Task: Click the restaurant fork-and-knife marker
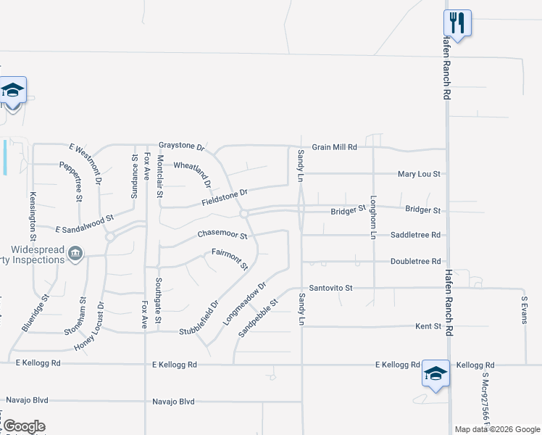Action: click(457, 22)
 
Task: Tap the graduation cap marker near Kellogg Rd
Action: click(435, 373)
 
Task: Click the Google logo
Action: click(23, 426)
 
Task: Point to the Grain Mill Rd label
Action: click(335, 146)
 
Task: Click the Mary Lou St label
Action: click(420, 174)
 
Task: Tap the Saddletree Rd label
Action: click(415, 235)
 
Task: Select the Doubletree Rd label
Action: click(415, 261)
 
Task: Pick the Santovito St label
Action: click(330, 288)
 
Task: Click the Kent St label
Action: click(428, 326)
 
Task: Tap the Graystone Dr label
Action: click(182, 146)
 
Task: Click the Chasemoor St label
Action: click(222, 236)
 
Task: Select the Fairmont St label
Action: click(230, 257)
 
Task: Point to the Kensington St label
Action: click(33, 215)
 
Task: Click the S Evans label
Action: click(525, 308)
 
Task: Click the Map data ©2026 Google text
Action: click(497, 429)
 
